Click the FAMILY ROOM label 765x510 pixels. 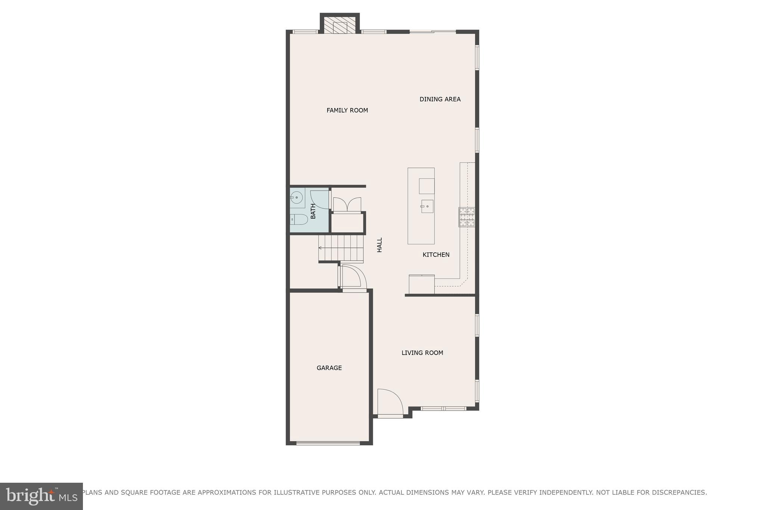point(347,110)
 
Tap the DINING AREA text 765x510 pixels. point(440,99)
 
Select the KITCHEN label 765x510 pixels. point(436,255)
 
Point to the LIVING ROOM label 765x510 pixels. point(422,353)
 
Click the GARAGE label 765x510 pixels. point(329,368)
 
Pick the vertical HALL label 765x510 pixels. point(380,245)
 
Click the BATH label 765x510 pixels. point(313,211)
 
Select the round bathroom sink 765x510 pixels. point(297,197)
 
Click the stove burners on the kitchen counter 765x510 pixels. point(467,217)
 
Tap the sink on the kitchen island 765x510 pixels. point(427,206)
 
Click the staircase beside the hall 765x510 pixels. point(341,248)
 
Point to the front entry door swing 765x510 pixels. point(389,402)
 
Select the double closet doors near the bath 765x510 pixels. point(347,205)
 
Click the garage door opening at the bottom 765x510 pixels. point(328,443)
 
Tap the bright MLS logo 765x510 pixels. point(41,496)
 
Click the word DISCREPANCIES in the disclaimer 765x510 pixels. point(679,492)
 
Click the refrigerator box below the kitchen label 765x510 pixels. point(421,285)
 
